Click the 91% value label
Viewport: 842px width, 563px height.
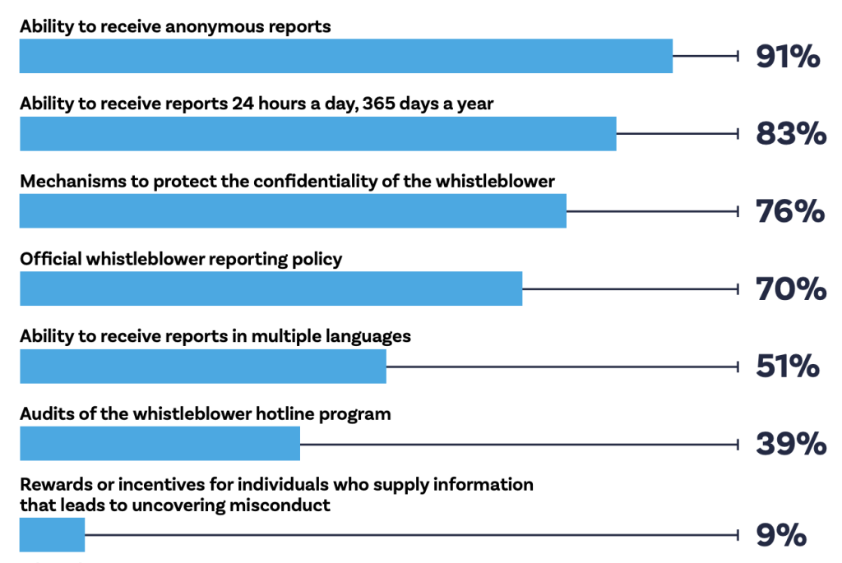[788, 57]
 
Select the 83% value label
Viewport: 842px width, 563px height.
[791, 134]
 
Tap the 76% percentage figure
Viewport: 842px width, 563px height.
[790, 211]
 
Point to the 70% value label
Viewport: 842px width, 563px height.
[791, 288]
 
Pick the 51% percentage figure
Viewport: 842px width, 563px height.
[788, 366]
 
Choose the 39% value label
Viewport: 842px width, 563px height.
[791, 444]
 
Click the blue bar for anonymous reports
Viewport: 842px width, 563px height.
[345, 56]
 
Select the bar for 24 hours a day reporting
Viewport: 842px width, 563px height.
[317, 134]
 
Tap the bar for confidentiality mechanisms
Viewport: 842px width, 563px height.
[293, 211]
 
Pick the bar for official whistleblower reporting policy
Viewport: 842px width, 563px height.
[271, 288]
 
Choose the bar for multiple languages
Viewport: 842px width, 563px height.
[202, 366]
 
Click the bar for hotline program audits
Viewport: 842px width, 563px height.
[160, 444]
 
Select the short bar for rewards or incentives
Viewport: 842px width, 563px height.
[52, 535]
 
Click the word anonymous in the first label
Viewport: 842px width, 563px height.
[215, 26]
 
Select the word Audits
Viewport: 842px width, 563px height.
[44, 413]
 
